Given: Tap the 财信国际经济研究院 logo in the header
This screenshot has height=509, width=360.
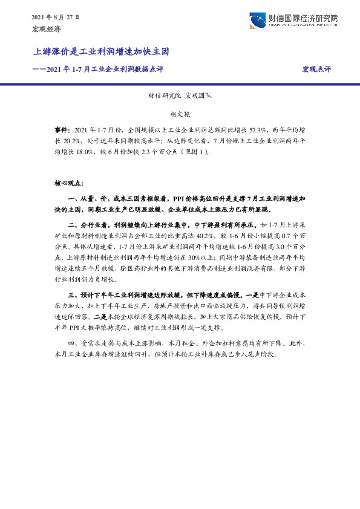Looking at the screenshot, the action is pos(293,20).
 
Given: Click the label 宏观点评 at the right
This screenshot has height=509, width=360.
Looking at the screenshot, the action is pos(316,70).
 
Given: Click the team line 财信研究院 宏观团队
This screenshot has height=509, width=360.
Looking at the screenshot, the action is pos(180,95).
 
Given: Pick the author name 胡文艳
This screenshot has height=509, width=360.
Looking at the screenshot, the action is pos(180,113).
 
